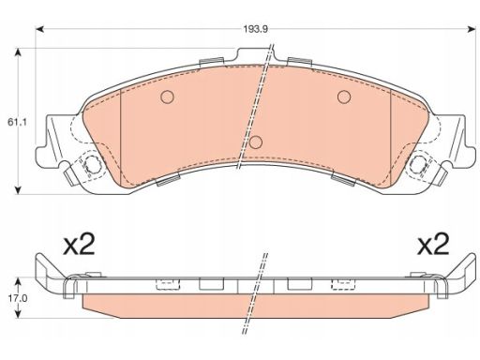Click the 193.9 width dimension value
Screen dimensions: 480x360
point(256,29)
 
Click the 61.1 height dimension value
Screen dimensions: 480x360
point(17,122)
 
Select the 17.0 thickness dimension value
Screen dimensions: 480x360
point(18,298)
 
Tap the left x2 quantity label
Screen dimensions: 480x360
point(79,245)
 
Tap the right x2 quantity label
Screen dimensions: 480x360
point(433,244)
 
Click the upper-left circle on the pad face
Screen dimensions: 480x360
point(167,97)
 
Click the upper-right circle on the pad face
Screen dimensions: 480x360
point(344,97)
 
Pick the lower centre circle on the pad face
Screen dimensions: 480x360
point(256,142)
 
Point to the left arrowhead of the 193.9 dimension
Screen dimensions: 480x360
point(39,29)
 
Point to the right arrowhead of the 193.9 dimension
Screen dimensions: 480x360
point(472,29)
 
